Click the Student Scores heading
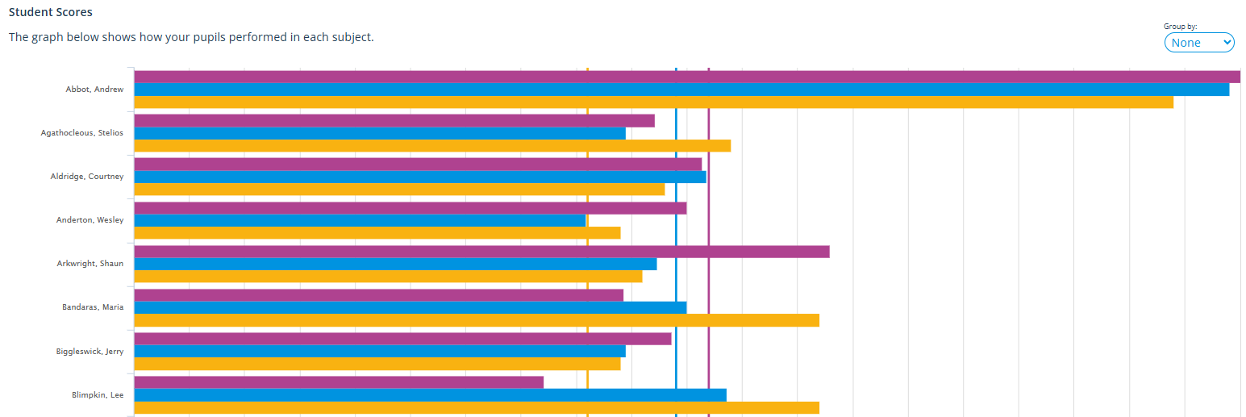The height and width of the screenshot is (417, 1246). pos(50,12)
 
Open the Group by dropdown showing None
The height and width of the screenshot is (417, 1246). pos(1198,43)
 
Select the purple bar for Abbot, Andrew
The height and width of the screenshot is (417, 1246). pos(686,77)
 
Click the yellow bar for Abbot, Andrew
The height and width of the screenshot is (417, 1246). pos(653,102)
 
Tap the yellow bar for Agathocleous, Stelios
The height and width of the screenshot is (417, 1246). pos(432,146)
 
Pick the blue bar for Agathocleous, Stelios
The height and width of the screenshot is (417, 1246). pos(379,133)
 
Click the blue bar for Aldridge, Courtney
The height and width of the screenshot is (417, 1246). pos(419,177)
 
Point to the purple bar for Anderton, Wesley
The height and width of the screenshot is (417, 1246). pos(410,208)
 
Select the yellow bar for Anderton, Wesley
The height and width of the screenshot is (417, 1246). pos(377,233)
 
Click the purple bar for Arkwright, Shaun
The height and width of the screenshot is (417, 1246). pos(481,252)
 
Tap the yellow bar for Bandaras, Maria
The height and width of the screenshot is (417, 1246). pos(476,320)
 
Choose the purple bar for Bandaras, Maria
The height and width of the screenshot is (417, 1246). pos(378,295)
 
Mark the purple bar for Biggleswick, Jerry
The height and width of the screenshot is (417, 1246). pos(402,339)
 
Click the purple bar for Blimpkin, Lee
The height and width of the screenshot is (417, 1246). pos(339,382)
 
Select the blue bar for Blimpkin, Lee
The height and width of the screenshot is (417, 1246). pos(430,395)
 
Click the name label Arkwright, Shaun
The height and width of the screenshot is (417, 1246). pos(90,264)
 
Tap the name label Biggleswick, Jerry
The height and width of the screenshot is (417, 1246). pos(90,351)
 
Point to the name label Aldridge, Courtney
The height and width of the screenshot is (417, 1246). pos(87,177)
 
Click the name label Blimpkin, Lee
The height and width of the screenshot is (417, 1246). pos(98,395)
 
